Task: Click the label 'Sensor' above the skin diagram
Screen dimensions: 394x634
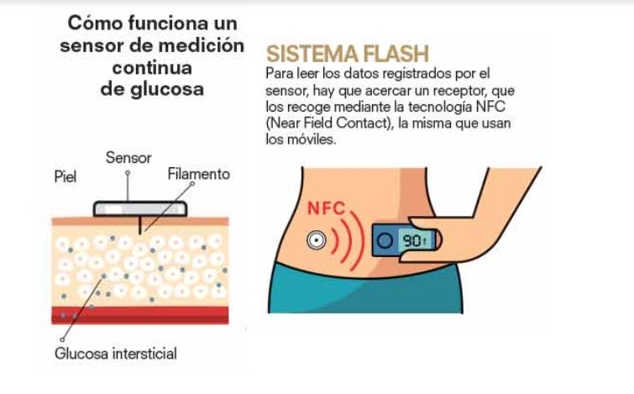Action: coord(128,158)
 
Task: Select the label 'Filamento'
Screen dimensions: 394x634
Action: coord(198,175)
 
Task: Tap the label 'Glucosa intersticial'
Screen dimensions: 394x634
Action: coord(116,354)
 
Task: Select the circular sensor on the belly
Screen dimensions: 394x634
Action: coord(316,240)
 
